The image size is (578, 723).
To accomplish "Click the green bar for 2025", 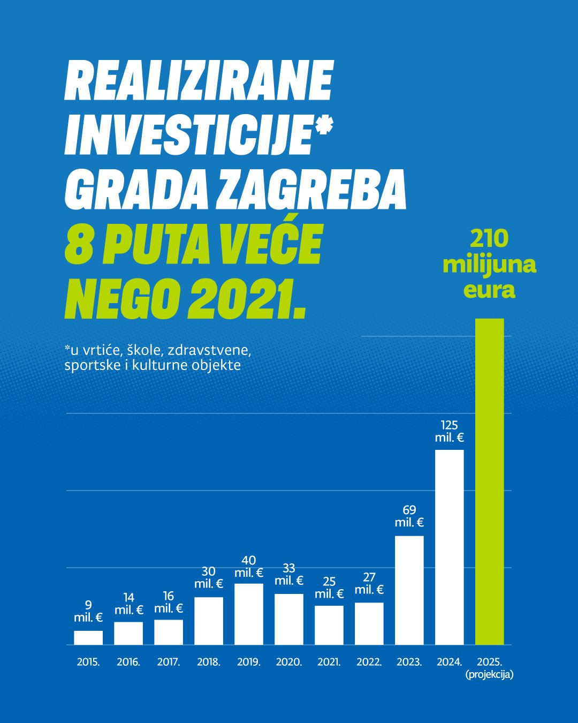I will [x=490, y=482].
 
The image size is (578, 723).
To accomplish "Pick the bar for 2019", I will [x=249, y=614].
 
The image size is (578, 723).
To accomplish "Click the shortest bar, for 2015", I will [x=88, y=637].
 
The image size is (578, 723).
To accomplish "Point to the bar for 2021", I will [x=329, y=624].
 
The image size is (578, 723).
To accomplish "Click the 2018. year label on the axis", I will [x=209, y=662].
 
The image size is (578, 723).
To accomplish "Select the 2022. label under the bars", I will [x=369, y=662].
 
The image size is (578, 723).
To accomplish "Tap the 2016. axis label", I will [x=128, y=662].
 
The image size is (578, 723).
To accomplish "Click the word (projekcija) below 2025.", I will [x=490, y=675].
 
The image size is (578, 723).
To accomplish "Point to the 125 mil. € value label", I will [x=450, y=431].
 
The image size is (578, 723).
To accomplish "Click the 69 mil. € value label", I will [x=409, y=516].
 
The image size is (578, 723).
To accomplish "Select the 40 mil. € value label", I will [x=249, y=567].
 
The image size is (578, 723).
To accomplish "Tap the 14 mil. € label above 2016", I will [x=128, y=604].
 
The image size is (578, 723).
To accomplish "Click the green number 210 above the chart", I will [x=490, y=239].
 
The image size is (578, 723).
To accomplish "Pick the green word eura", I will [x=490, y=290].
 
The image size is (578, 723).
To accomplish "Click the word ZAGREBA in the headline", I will [x=311, y=190].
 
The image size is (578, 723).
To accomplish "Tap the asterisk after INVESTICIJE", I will [x=322, y=129].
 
